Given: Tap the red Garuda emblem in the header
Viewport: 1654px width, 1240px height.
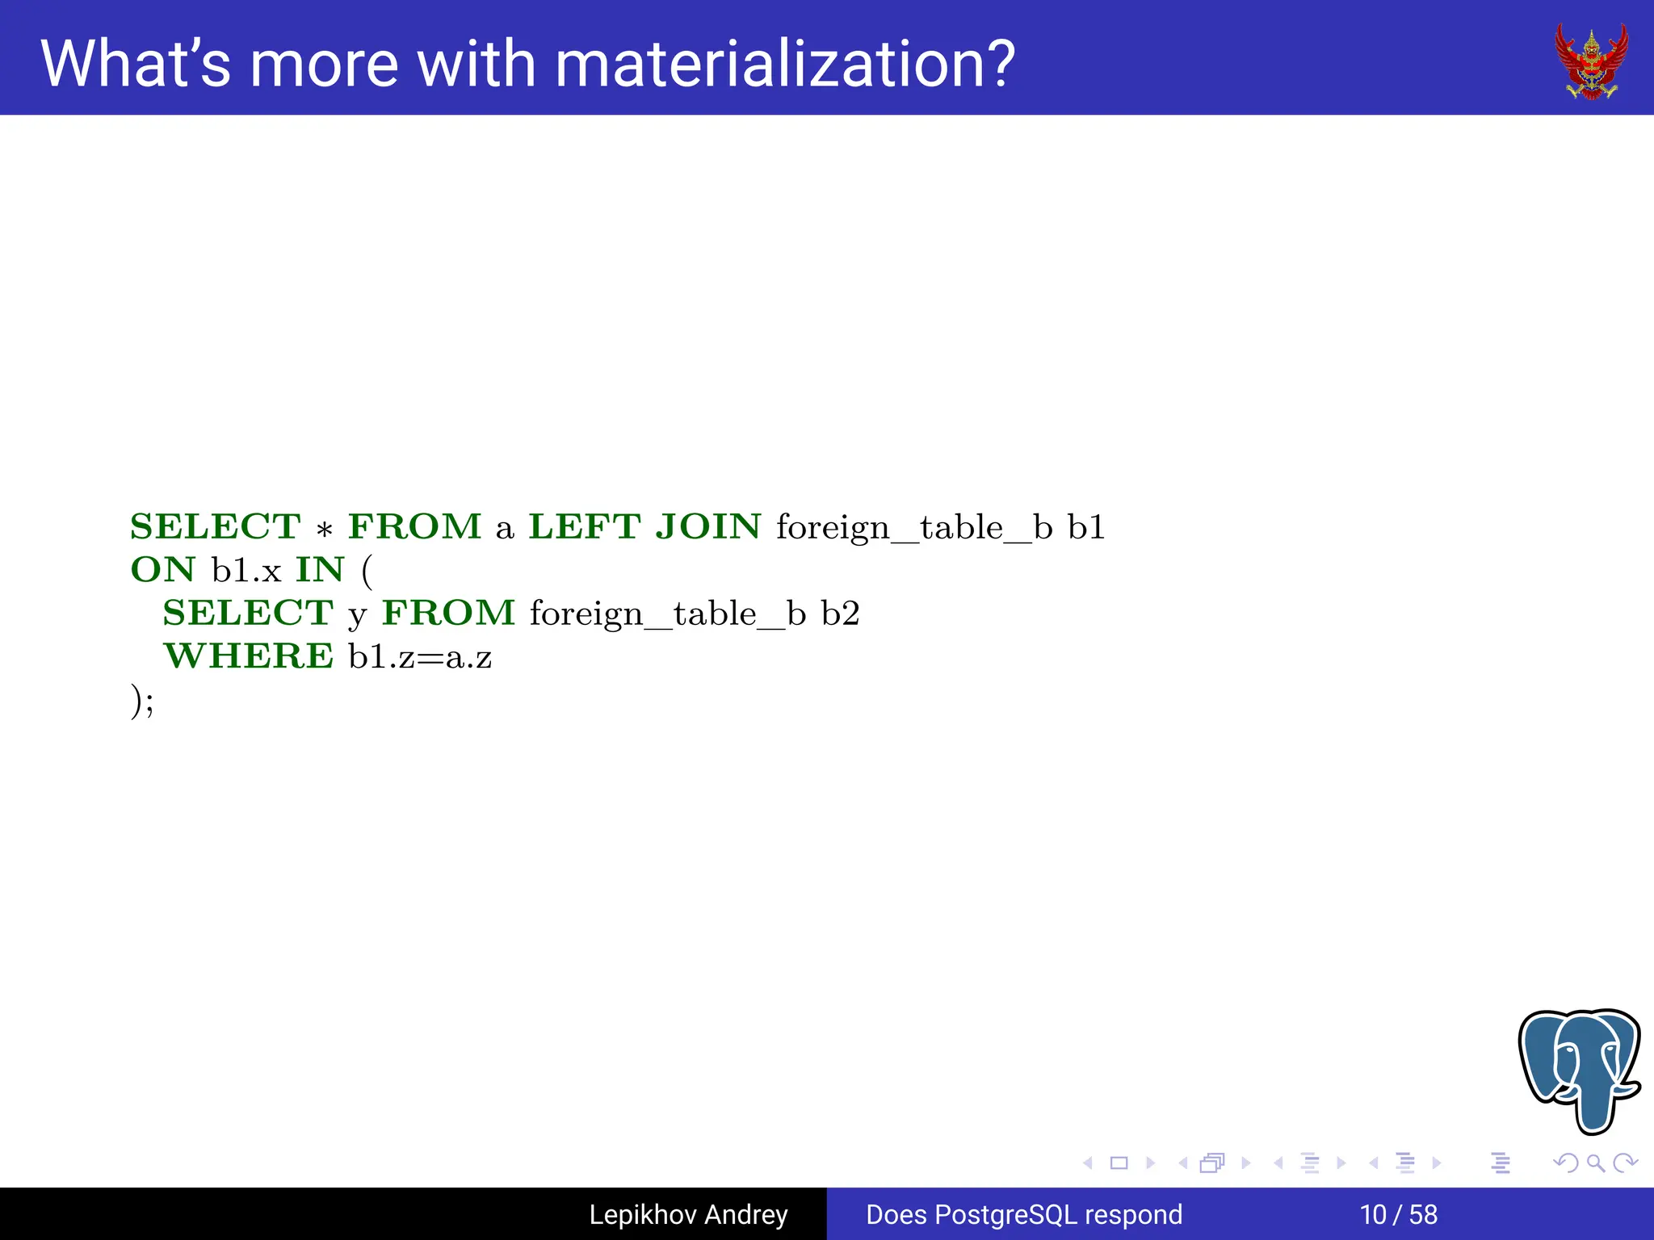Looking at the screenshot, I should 1591,61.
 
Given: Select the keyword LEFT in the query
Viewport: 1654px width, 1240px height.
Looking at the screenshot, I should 585,526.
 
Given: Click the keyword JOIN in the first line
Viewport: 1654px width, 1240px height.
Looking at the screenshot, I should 707,526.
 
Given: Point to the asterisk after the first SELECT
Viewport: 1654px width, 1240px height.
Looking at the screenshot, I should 325,530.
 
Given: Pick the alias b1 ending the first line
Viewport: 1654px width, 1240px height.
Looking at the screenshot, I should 1085,526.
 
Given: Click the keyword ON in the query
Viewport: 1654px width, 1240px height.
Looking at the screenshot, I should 163,570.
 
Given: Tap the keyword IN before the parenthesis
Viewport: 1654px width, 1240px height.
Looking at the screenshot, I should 320,570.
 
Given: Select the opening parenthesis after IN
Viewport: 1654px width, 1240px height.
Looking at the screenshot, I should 367,572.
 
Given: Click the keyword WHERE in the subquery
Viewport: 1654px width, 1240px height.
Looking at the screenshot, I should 248,656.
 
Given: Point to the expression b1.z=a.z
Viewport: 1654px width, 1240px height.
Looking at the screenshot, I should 420,657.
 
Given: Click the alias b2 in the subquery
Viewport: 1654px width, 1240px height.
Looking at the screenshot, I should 840,614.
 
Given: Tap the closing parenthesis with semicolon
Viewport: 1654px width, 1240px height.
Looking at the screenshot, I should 142,701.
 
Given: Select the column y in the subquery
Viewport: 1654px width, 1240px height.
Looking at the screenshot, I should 357,617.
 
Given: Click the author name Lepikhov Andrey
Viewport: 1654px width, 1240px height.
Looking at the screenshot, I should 688,1214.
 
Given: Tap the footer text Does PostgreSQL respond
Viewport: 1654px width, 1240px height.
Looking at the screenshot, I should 1023,1214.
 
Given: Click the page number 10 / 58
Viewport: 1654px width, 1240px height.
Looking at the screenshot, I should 1398,1214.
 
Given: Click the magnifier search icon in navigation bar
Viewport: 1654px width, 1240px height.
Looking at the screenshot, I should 1595,1163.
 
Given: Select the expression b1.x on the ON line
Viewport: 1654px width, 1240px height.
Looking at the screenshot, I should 246,570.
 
